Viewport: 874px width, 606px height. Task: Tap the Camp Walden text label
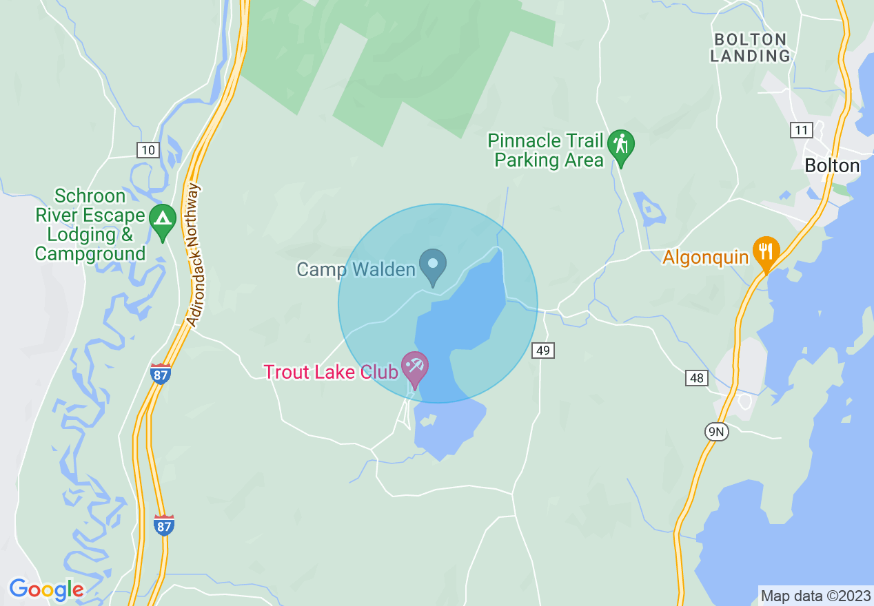click(x=356, y=269)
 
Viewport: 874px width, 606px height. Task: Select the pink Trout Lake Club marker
click(x=415, y=368)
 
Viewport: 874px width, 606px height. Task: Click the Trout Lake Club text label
click(x=331, y=372)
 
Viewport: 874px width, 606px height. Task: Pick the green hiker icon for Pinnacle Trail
click(x=621, y=147)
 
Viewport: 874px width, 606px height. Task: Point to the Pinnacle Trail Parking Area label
click(x=546, y=151)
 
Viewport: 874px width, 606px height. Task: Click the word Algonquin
click(x=705, y=258)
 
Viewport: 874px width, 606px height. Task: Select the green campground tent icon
click(x=163, y=220)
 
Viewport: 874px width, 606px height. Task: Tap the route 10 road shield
click(x=148, y=149)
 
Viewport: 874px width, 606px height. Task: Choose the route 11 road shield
click(x=802, y=130)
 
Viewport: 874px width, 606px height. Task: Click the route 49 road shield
click(x=543, y=351)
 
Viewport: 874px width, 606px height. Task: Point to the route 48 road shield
click(x=697, y=377)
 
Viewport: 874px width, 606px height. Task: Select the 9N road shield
click(x=716, y=432)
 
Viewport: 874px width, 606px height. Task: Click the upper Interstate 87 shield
click(x=161, y=373)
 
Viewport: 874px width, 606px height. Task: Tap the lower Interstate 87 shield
click(x=163, y=525)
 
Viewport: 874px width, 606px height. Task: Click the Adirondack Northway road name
click(x=193, y=255)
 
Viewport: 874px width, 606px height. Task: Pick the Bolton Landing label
click(x=750, y=48)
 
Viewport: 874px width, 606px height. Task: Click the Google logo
click(x=46, y=589)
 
